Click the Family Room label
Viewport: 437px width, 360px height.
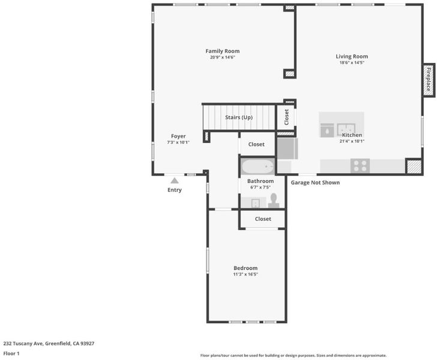pyautogui.click(x=222, y=51)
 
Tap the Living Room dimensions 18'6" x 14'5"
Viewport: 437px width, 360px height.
pyautogui.click(x=352, y=62)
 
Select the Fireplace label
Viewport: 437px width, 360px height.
pyautogui.click(x=429, y=79)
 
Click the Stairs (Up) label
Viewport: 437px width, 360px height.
pyautogui.click(x=239, y=118)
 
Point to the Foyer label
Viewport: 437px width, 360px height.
pyautogui.click(x=178, y=136)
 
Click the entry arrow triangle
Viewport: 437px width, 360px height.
pyautogui.click(x=175, y=181)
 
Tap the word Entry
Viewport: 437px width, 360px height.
pyautogui.click(x=175, y=190)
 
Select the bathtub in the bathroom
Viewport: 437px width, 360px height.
pyautogui.click(x=258, y=167)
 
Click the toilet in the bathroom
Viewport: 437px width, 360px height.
pyautogui.click(x=274, y=200)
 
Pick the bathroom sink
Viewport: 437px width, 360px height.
pyautogui.click(x=256, y=203)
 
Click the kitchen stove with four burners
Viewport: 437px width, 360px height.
pyautogui.click(x=360, y=166)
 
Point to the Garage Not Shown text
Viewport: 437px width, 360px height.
pyautogui.click(x=315, y=182)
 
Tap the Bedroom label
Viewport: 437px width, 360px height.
pyautogui.click(x=246, y=268)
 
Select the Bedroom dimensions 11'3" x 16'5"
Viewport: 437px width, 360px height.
pyautogui.click(x=246, y=274)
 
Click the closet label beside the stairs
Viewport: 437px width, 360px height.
pyautogui.click(x=286, y=117)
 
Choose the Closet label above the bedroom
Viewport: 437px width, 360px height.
pyautogui.click(x=263, y=219)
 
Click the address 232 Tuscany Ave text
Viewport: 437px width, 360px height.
pyautogui.click(x=23, y=343)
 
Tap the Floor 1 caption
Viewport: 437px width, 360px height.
pyautogui.click(x=11, y=353)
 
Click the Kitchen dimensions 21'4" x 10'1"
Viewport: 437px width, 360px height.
pyautogui.click(x=352, y=141)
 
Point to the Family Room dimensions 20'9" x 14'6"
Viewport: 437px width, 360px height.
pyautogui.click(x=223, y=58)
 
